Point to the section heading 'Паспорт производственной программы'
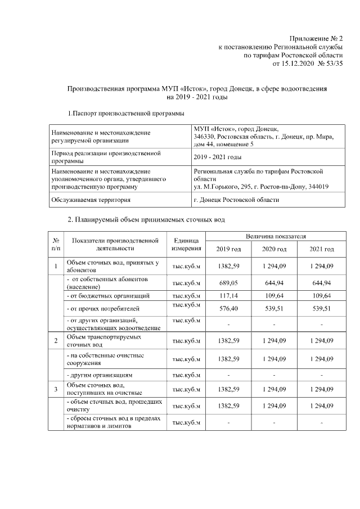click(x=128, y=114)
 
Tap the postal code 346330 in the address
click(x=205, y=137)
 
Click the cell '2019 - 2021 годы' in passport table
click(x=218, y=157)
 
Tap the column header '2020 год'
click(x=275, y=249)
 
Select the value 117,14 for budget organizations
click(x=228, y=295)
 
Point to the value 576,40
click(x=228, y=308)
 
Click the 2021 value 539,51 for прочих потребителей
click(x=322, y=308)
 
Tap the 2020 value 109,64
click(x=275, y=295)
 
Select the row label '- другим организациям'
click(x=99, y=374)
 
